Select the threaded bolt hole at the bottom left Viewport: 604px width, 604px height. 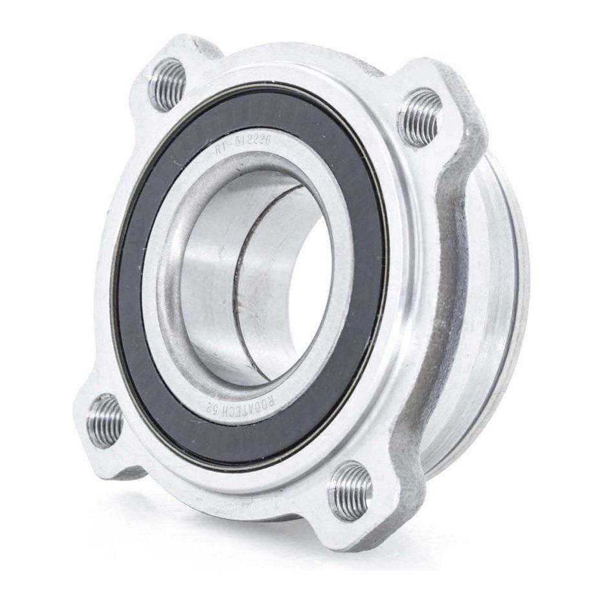tap(104, 419)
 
